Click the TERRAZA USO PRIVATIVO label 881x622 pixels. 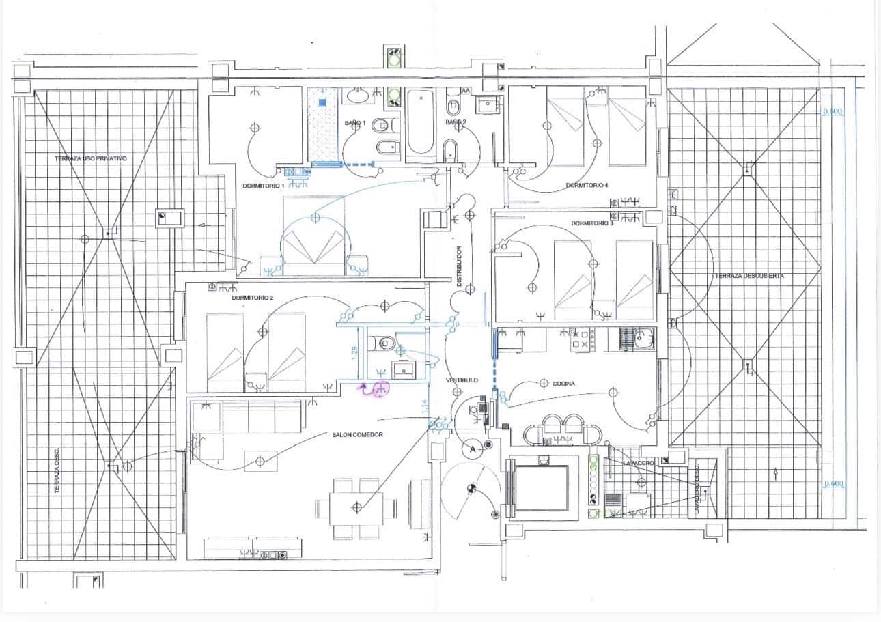[x=90, y=158]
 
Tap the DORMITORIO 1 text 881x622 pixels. [x=263, y=186]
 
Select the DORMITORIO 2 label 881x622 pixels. [x=252, y=298]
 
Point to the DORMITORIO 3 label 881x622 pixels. [x=592, y=223]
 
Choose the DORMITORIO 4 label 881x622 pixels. [x=587, y=185]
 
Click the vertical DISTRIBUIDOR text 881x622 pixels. [x=460, y=266]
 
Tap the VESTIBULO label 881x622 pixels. [x=462, y=380]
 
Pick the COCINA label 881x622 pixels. [x=563, y=384]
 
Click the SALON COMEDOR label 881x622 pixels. [x=357, y=435]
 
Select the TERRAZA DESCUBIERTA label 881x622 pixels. [x=749, y=276]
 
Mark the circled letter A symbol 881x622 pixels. [x=471, y=449]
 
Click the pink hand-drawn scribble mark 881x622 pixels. [x=376, y=389]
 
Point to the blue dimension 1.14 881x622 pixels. [x=425, y=406]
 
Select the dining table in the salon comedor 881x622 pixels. [x=356, y=507]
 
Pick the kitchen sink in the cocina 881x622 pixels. [x=637, y=338]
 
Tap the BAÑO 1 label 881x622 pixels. [x=355, y=123]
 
